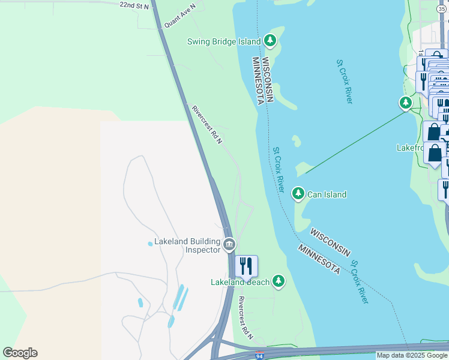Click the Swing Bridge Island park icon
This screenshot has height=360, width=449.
pyautogui.click(x=271, y=41)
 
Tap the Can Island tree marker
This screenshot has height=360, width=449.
pyautogui.click(x=298, y=193)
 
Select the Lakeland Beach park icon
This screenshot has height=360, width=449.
pyautogui.click(x=278, y=280)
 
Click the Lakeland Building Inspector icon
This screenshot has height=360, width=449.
pyautogui.click(x=229, y=244)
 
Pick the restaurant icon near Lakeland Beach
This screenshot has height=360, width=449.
pyautogui.click(x=246, y=265)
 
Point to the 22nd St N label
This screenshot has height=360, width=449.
pyautogui.click(x=134, y=5)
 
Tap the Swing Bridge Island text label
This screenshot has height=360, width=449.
pyautogui.click(x=224, y=41)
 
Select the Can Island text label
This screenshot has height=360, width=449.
pyautogui.click(x=327, y=194)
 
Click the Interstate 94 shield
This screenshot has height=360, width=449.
pyautogui.click(x=259, y=356)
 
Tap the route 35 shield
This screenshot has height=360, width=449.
pyautogui.click(x=441, y=8)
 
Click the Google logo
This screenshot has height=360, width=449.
pyautogui.click(x=20, y=353)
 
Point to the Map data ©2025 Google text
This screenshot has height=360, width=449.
pyautogui.click(x=412, y=356)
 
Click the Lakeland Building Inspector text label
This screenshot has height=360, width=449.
pyautogui.click(x=187, y=245)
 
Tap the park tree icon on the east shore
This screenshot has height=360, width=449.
pyautogui.click(x=406, y=103)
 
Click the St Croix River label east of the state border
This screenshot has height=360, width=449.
pyautogui.click(x=345, y=81)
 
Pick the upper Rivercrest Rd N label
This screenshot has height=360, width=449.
pyautogui.click(x=207, y=124)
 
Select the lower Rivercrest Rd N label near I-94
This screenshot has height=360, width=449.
pyautogui.click(x=245, y=317)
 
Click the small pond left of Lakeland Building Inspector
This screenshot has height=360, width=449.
pyautogui.click(x=150, y=244)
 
